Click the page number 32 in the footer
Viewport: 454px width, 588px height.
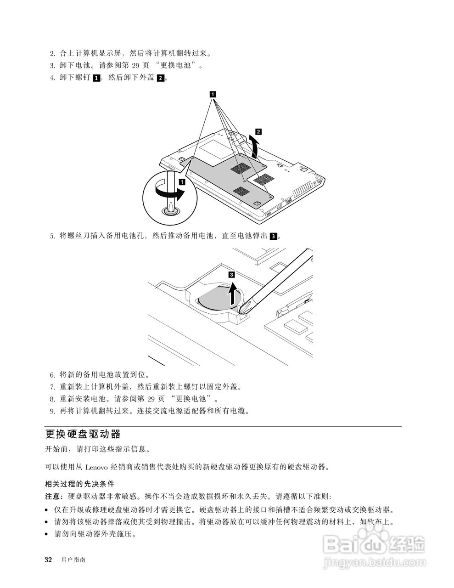(48, 560)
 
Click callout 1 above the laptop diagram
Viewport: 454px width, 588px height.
(213, 94)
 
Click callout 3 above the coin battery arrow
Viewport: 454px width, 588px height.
(231, 275)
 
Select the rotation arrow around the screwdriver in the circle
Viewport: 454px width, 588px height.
(170, 193)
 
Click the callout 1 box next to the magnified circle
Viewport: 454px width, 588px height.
(181, 182)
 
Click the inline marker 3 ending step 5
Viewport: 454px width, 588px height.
(274, 236)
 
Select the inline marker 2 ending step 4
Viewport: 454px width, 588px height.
(160, 78)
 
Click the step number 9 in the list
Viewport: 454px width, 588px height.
(52, 411)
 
